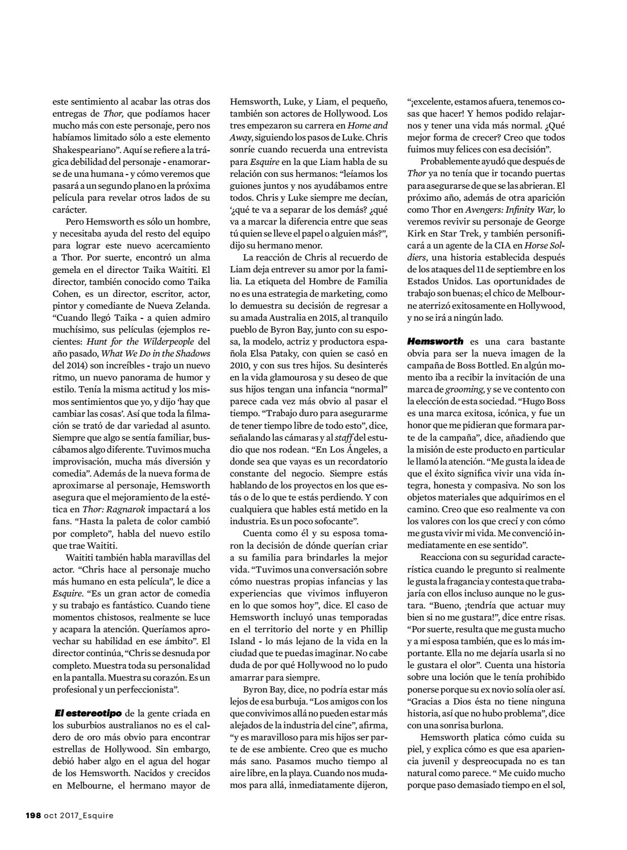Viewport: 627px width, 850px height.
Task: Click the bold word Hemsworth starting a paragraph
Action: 435,341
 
